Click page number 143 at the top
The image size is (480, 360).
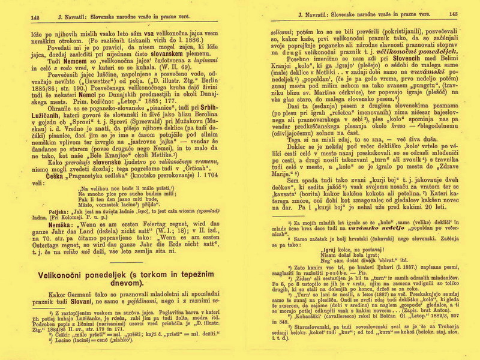coord(453,14)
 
